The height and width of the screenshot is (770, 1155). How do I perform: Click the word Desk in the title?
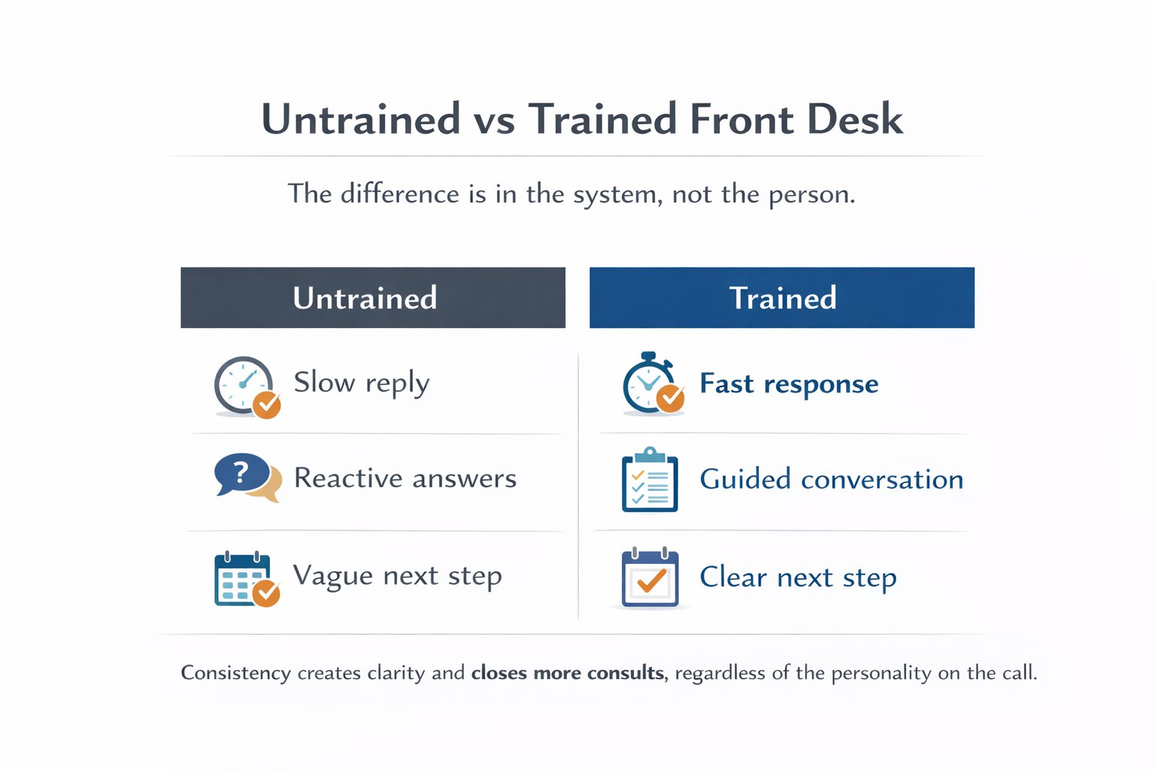[x=854, y=120]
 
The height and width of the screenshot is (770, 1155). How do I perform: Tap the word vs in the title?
[x=494, y=120]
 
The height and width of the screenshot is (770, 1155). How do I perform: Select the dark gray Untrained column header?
[x=372, y=298]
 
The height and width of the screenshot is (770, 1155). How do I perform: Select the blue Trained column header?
[x=781, y=298]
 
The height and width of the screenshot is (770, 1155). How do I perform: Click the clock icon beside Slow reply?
[x=244, y=384]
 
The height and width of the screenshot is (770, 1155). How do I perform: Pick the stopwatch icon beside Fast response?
[x=648, y=384]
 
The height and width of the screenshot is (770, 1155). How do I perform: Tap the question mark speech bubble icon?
[x=242, y=475]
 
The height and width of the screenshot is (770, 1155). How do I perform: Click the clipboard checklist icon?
[x=650, y=480]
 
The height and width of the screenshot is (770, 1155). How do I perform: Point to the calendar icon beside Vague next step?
[x=242, y=579]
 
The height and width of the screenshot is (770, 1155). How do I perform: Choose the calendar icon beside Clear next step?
[x=650, y=577]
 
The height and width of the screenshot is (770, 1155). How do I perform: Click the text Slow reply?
[x=361, y=383]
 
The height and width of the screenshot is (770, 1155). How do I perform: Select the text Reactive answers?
[x=405, y=478]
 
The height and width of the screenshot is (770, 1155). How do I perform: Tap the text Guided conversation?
[x=831, y=480]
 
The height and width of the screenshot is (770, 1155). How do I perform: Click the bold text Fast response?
[x=788, y=384]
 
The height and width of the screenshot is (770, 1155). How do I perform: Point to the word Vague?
[x=332, y=575]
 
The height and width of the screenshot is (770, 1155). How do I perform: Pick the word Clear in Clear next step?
[x=733, y=577]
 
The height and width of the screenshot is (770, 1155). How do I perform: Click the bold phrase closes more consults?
[x=567, y=672]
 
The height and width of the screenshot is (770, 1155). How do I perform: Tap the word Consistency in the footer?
[x=235, y=672]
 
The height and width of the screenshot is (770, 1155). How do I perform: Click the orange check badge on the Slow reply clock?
[x=266, y=405]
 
